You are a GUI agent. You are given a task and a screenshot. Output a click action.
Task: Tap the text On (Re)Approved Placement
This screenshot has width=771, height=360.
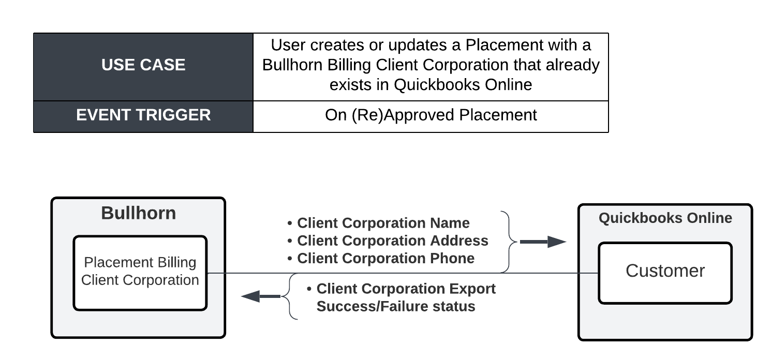[x=431, y=115]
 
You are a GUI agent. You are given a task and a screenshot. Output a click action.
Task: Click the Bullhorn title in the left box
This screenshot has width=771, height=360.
[x=138, y=213]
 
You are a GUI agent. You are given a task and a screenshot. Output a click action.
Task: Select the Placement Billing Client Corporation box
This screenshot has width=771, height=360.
[x=140, y=273]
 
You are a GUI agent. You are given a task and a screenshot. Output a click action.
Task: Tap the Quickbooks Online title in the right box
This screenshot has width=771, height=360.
[x=665, y=218]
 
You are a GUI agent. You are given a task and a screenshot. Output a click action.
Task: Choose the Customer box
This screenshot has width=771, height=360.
[x=665, y=273]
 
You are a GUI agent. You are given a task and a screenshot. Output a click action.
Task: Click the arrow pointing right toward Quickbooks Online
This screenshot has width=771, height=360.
[x=543, y=242]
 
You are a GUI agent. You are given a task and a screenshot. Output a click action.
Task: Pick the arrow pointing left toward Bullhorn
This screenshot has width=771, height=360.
[x=261, y=296]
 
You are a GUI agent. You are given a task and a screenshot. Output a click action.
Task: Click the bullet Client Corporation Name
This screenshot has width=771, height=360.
[x=379, y=223]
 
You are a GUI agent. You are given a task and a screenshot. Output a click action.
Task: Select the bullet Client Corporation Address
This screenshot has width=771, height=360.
[x=388, y=241]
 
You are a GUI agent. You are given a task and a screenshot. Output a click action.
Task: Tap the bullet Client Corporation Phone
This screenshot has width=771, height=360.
[x=381, y=258]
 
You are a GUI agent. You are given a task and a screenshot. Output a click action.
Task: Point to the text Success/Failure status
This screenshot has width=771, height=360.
[x=396, y=306]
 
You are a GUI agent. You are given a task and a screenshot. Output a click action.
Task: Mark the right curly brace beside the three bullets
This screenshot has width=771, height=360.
[x=509, y=242]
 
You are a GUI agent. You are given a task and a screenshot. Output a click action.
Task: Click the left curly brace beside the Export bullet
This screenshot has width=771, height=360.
[x=289, y=296]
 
